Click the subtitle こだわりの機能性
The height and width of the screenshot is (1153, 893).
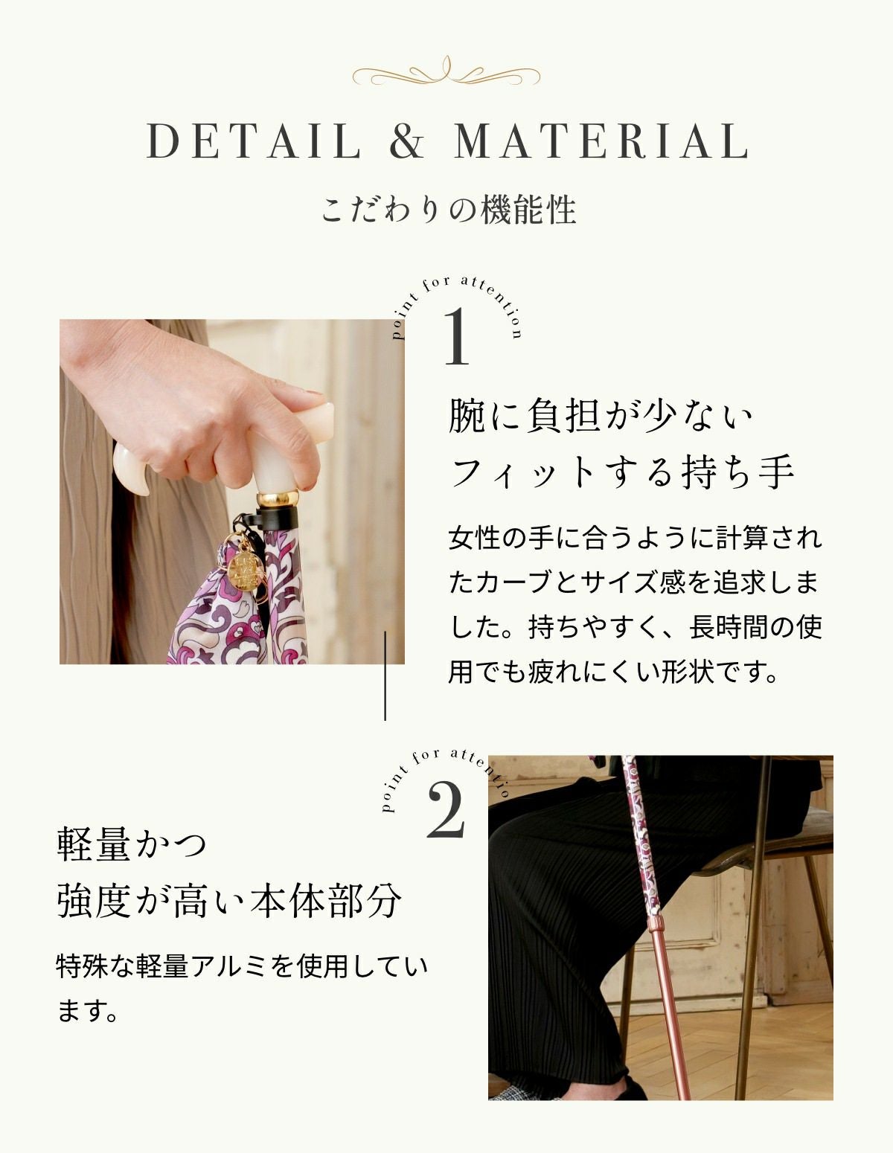click(x=449, y=210)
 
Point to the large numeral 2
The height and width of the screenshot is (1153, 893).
click(x=445, y=812)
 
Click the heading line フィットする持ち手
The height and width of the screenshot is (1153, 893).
click(x=622, y=472)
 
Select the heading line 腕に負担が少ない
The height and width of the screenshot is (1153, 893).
click(x=601, y=416)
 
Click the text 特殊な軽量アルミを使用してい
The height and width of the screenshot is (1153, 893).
click(x=242, y=967)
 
